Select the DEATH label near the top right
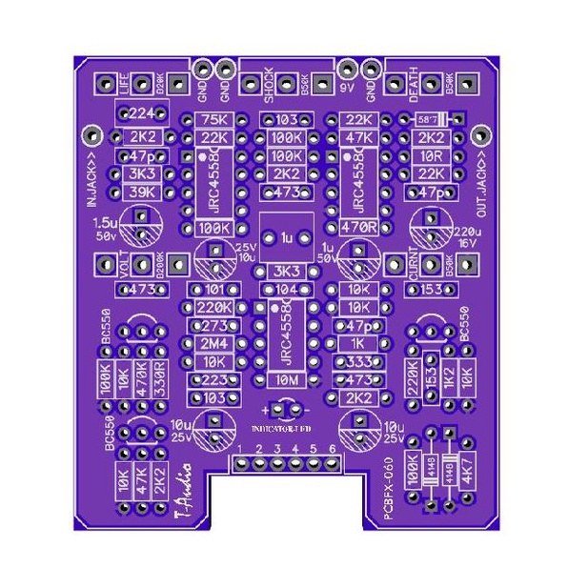(415, 85)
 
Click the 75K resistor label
(215, 120)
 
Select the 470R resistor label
(358, 229)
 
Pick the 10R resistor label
(430, 155)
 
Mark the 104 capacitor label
(286, 290)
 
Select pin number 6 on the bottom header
(332, 448)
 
